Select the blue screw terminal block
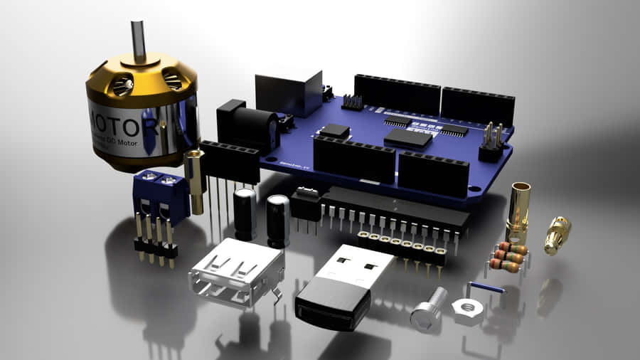point(160,196)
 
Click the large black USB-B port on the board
point(288,93)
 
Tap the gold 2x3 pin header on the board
point(491,142)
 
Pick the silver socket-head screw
point(429,309)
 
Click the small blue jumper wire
point(486,288)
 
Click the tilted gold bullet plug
point(558,235)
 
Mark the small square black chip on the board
point(334,131)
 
